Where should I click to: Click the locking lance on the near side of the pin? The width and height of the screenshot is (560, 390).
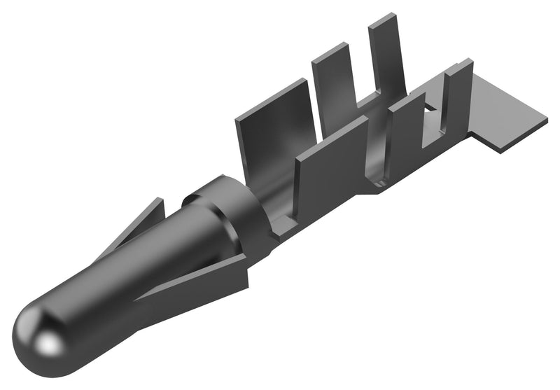(203, 277)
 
